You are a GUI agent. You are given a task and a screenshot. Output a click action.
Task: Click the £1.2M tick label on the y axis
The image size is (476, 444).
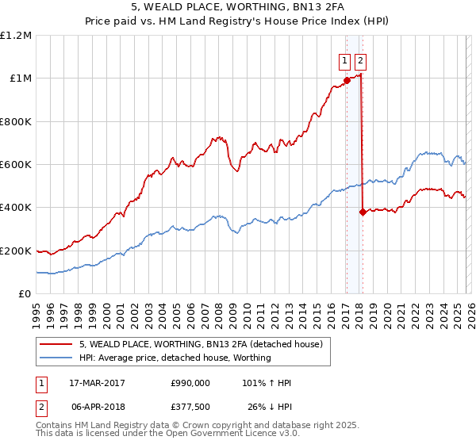pyautogui.click(x=16, y=36)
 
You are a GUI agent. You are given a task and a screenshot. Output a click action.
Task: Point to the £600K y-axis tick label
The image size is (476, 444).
pyautogui.click(x=16, y=165)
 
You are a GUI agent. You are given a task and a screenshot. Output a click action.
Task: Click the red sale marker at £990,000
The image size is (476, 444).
pyautogui.click(x=347, y=80)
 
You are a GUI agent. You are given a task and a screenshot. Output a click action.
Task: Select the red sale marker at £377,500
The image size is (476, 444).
pyautogui.click(x=362, y=212)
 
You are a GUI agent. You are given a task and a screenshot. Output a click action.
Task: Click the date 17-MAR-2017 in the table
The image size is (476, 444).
pyautogui.click(x=97, y=383)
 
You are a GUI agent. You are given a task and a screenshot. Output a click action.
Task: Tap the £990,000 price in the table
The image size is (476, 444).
pyautogui.click(x=190, y=383)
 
